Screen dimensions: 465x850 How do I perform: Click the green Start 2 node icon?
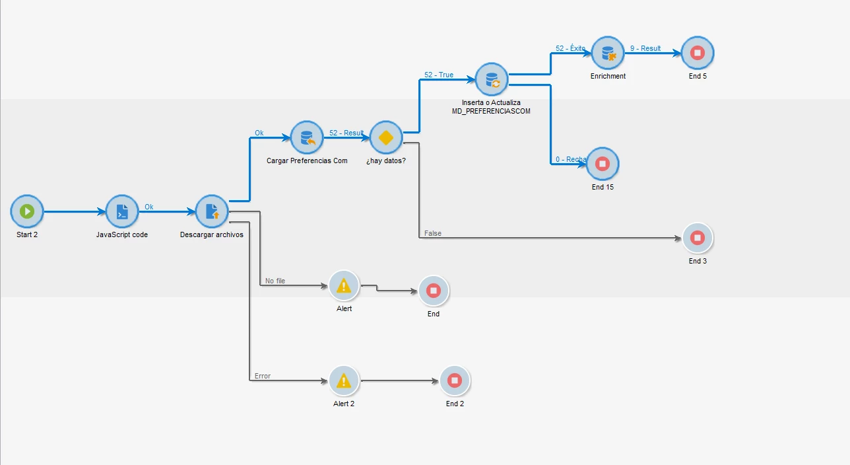point(27,211)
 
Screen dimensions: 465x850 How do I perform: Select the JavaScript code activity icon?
point(122,211)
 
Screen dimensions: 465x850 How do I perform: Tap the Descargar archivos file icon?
point(212,211)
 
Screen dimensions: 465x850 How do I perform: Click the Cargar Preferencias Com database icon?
point(307,137)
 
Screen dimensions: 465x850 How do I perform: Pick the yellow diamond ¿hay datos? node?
point(386,137)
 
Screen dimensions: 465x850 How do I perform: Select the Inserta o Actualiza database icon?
point(492,80)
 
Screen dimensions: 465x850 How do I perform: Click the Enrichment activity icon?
point(608,53)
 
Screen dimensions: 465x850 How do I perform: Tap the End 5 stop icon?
point(698,53)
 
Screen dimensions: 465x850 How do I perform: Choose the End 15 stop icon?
point(603,163)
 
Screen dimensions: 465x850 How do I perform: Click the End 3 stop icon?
point(698,238)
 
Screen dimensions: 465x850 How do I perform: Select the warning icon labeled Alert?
point(344,286)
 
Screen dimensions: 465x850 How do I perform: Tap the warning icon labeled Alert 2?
point(344,381)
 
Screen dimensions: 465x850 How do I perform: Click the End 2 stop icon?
point(455,380)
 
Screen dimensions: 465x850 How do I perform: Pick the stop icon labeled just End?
point(434,291)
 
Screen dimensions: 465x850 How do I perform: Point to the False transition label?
point(433,233)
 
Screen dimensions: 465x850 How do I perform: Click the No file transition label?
point(275,281)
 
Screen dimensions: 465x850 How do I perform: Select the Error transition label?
point(263,376)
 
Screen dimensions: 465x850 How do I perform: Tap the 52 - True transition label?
point(439,75)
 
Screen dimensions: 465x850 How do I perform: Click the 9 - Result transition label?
point(645,48)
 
